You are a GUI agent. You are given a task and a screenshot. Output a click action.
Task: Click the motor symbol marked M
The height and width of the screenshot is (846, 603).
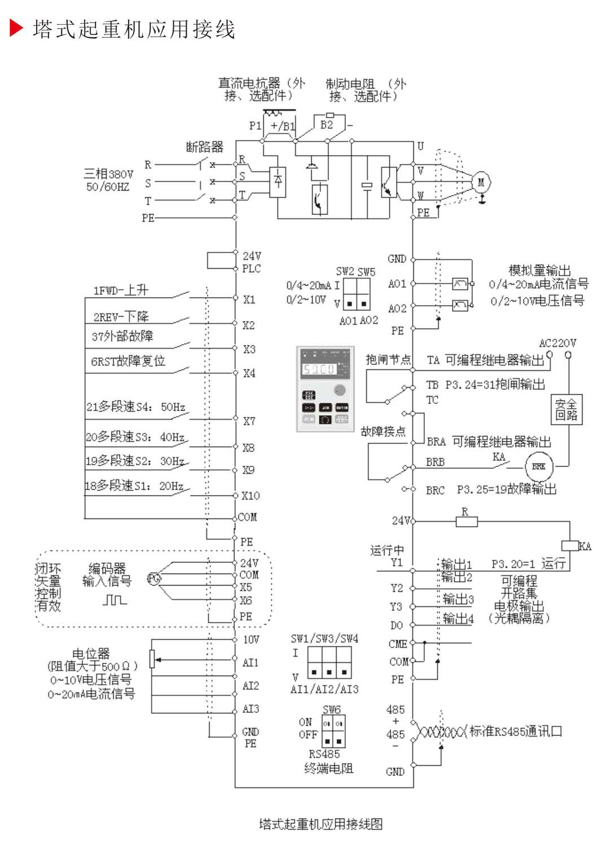click(481, 182)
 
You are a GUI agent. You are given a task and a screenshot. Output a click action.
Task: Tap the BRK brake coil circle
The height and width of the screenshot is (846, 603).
click(539, 466)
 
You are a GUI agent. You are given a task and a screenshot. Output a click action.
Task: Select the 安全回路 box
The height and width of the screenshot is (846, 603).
click(566, 410)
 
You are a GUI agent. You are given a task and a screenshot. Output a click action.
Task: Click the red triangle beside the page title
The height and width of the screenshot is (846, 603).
click(16, 28)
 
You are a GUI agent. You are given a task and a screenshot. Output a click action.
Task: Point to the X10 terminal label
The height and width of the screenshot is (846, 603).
click(250, 496)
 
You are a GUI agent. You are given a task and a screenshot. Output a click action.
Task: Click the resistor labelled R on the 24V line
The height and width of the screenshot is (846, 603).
click(466, 522)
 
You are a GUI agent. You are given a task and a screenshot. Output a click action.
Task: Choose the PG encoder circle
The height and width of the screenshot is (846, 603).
click(153, 578)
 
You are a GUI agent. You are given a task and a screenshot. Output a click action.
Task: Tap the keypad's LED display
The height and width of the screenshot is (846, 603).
click(319, 369)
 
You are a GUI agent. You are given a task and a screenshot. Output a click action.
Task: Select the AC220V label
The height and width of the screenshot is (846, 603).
click(557, 343)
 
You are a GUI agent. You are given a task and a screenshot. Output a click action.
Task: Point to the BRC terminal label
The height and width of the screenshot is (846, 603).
click(435, 490)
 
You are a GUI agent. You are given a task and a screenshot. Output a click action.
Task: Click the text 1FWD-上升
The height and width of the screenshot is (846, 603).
click(121, 290)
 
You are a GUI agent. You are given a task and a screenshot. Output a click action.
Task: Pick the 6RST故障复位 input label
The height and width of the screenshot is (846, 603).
click(128, 361)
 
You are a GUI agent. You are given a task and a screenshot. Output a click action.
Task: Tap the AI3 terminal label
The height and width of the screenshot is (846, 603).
click(250, 709)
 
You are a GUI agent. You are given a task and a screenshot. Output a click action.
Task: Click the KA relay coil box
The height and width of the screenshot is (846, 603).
click(570, 545)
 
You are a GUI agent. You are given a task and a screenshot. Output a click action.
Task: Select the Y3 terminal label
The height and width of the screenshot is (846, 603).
click(397, 607)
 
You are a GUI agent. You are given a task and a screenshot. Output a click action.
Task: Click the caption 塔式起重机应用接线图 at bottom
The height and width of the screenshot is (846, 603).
click(320, 824)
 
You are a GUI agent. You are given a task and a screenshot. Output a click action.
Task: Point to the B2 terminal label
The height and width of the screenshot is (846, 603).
click(327, 125)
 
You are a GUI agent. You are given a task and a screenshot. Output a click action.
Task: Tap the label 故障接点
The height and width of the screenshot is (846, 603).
click(383, 431)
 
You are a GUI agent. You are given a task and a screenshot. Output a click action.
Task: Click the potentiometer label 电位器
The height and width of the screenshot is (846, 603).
click(91, 654)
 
